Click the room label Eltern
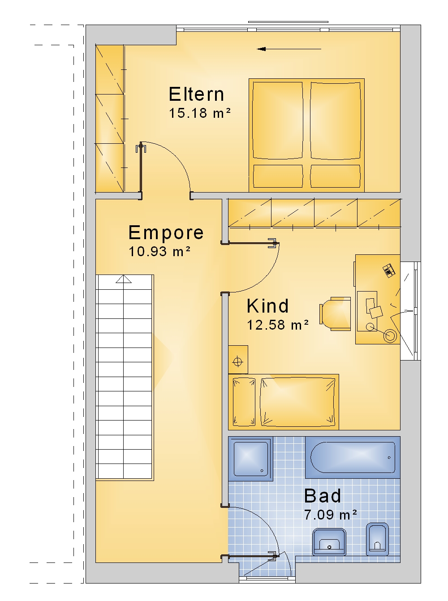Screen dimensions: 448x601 (x=196, y=94)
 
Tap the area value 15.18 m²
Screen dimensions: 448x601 (x=200, y=113)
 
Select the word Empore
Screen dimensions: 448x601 (x=166, y=232)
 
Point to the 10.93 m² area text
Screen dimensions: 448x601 (x=159, y=251)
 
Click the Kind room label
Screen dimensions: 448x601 (x=267, y=306)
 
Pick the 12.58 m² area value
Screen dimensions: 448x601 (x=278, y=325)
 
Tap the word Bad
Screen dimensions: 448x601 (x=323, y=496)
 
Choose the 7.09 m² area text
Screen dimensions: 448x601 (x=330, y=515)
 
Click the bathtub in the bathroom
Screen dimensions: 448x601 (x=353, y=457)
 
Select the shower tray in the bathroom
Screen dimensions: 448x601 (x=250, y=459)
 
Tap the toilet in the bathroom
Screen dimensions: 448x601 (x=377, y=540)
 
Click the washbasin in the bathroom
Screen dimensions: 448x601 (x=329, y=542)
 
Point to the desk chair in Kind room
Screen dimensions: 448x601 (x=335, y=314)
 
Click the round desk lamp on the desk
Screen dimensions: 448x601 (x=390, y=336)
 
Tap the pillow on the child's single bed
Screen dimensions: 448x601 (x=244, y=402)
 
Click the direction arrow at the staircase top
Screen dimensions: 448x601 (x=124, y=279)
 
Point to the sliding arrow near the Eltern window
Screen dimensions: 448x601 (x=289, y=49)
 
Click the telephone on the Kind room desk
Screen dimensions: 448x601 (x=389, y=270)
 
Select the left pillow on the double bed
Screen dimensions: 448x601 (x=278, y=120)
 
